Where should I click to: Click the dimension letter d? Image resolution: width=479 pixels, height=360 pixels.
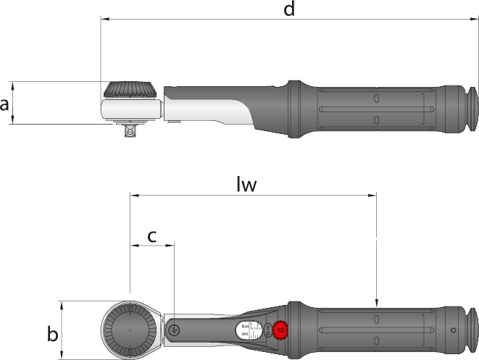click(x=289, y=9)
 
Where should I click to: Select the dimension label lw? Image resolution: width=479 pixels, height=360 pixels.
click(x=247, y=185)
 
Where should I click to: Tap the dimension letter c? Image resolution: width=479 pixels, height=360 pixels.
click(x=152, y=236)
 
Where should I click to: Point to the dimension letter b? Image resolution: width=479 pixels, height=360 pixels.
click(x=51, y=335)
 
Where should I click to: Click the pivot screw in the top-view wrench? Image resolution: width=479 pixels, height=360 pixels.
click(x=173, y=330)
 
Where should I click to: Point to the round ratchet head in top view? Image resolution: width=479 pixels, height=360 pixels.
click(x=129, y=330)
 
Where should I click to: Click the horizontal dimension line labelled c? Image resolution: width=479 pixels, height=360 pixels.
click(x=152, y=246)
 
